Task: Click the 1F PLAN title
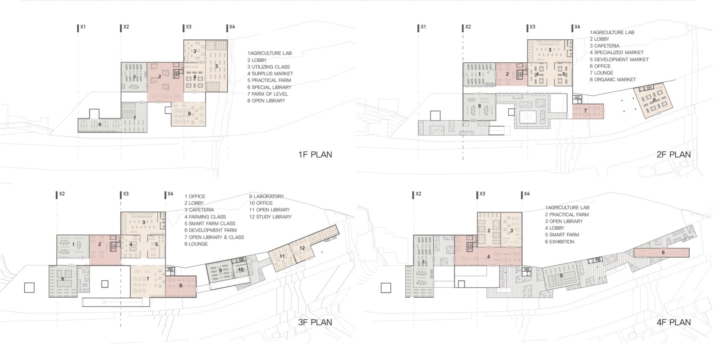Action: tap(315, 155)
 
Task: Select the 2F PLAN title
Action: tap(674, 155)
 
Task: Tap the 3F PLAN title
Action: tap(315, 322)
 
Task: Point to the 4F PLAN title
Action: tap(674, 322)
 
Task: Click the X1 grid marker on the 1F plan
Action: tap(81, 27)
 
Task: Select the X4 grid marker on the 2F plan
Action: tap(576, 27)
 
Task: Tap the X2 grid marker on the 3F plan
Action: tap(60, 194)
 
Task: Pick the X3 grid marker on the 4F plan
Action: tap(481, 194)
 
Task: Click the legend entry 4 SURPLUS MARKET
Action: tap(270, 74)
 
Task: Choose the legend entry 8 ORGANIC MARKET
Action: tap(613, 80)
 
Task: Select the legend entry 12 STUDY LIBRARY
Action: tap(270, 217)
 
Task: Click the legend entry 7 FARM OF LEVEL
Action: tap(268, 94)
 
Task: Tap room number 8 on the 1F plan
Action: tap(189, 114)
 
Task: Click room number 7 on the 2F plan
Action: tap(585, 111)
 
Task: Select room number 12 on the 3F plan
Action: tap(302, 248)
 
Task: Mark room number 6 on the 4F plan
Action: tap(663, 253)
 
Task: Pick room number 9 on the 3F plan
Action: tap(221, 270)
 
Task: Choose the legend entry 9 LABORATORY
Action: tap(267, 196)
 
